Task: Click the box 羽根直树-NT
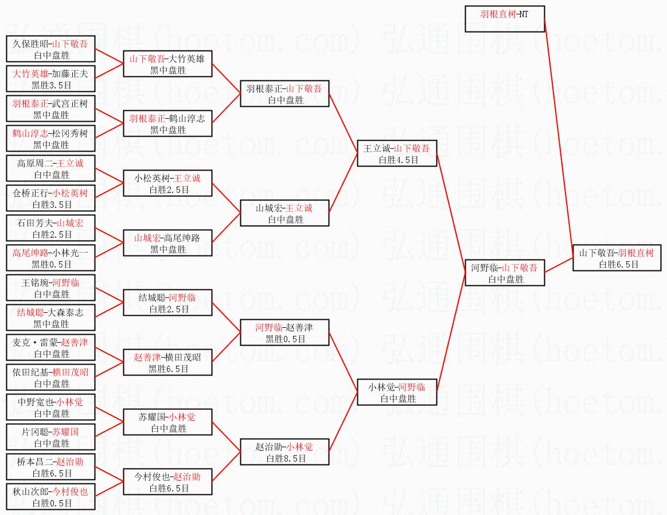[x=504, y=19]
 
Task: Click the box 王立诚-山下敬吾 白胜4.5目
[x=397, y=153]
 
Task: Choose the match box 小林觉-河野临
[x=397, y=392]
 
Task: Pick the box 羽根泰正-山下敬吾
[x=284, y=94]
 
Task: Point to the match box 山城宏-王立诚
[x=284, y=213]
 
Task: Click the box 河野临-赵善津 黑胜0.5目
[x=284, y=332]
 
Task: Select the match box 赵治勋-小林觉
[x=284, y=452]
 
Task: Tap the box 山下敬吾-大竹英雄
[x=167, y=64]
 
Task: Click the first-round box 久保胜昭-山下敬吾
[x=50, y=49]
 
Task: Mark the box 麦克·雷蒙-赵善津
[x=50, y=347]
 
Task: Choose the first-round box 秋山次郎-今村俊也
[x=50, y=497]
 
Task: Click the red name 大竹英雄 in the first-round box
[x=31, y=73]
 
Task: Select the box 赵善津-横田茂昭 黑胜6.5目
[x=167, y=362]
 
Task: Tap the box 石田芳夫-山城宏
[x=50, y=228]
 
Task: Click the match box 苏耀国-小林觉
[x=167, y=422]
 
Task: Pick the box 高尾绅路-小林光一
[x=50, y=258]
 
